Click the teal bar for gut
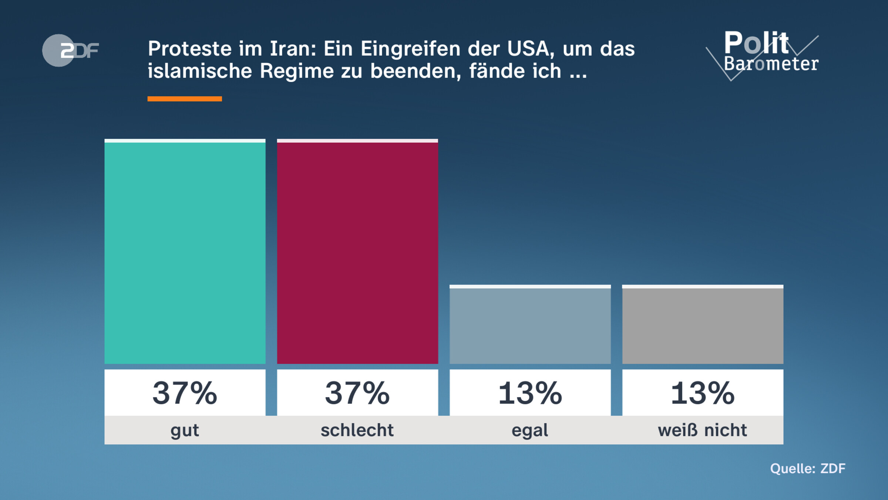(x=185, y=252)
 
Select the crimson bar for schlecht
(x=357, y=252)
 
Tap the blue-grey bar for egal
(x=530, y=325)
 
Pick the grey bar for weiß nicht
(x=703, y=325)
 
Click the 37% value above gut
(x=185, y=393)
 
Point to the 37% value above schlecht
(x=357, y=393)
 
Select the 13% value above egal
(x=530, y=393)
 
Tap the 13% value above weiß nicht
(x=703, y=393)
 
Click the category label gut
(x=185, y=430)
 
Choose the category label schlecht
(x=357, y=430)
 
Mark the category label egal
(x=530, y=430)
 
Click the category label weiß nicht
(x=702, y=430)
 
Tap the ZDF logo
(x=70, y=50)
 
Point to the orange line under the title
(x=185, y=99)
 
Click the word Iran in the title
(x=293, y=49)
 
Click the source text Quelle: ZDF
(x=808, y=469)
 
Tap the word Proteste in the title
(x=190, y=49)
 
